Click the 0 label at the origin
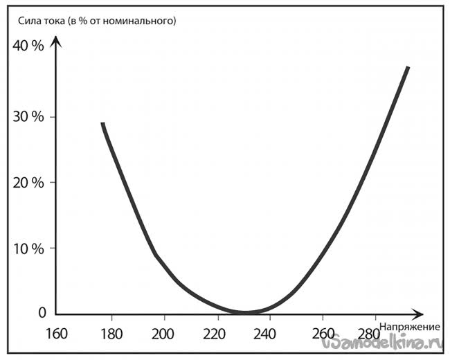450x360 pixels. pos(41,313)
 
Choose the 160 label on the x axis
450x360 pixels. pos(56,333)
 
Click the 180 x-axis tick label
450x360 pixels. pos(110,333)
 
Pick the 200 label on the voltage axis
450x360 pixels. pos(163,333)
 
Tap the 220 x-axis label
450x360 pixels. pos(216,333)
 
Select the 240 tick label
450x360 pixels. pos(269,333)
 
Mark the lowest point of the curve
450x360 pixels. pos(246,312)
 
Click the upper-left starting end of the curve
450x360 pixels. pos(102,124)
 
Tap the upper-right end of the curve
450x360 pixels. pos(408,68)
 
